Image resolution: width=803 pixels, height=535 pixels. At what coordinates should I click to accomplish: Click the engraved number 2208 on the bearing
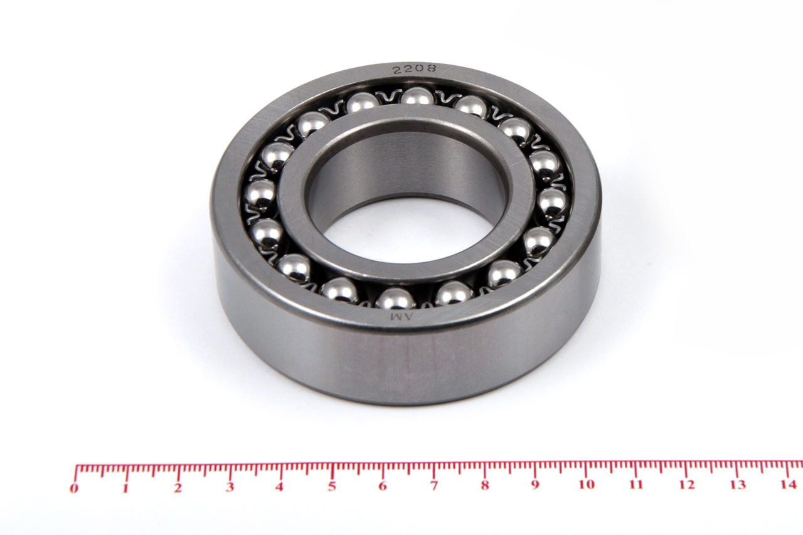coord(415,68)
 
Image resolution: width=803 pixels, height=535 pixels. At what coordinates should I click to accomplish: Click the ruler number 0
coord(74,489)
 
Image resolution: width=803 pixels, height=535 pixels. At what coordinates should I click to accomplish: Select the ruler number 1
coord(125,489)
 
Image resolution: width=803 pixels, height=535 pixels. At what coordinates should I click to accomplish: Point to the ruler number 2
coord(178,488)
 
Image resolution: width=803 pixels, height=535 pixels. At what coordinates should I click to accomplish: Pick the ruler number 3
coord(230,487)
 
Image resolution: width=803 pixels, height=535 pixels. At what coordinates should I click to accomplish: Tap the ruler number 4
coord(280,487)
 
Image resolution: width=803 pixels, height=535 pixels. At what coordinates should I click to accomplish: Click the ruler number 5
coord(332,487)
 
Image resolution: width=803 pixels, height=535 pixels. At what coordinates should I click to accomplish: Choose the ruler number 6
coord(383,486)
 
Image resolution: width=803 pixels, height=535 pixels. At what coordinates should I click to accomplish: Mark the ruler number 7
coord(434,486)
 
